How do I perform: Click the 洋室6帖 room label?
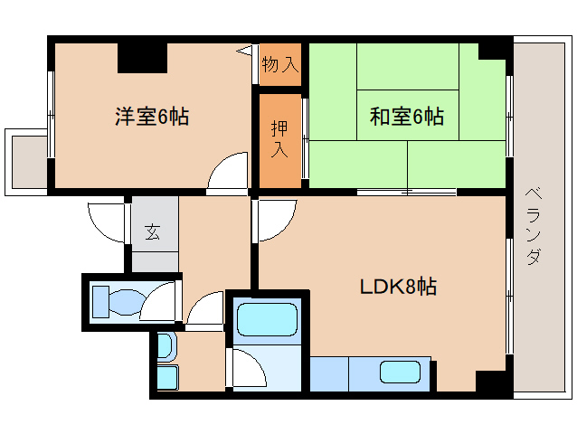[151, 117]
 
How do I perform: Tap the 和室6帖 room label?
[406, 117]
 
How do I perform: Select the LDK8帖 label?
[399, 288]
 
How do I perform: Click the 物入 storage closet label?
[279, 64]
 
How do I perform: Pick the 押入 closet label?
[280, 138]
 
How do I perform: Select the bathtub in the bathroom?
[266, 321]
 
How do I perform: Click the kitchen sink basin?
[398, 372]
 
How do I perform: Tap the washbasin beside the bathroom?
[166, 347]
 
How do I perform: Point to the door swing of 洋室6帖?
[227, 174]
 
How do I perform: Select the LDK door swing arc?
[275, 220]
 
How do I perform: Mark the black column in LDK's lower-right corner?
[492, 382]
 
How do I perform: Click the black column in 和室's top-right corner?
[495, 49]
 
